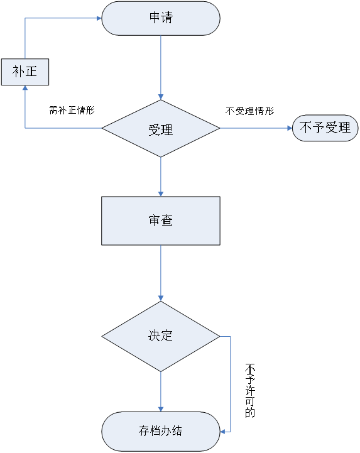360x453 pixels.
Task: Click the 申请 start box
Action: [x=161, y=18]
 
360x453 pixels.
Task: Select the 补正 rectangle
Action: [x=25, y=72]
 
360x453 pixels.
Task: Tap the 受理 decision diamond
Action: [x=161, y=129]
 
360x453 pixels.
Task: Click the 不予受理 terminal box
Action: [x=325, y=128]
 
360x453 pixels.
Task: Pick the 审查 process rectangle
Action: [x=161, y=221]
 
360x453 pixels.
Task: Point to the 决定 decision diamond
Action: [x=161, y=337]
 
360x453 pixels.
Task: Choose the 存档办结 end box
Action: [x=161, y=432]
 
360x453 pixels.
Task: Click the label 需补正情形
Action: [x=72, y=110]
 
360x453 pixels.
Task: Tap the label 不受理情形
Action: [x=249, y=111]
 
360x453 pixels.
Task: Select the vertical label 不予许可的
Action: [x=250, y=391]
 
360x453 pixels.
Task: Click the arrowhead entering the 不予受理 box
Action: [x=290, y=128]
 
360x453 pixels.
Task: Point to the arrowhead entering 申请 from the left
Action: [x=99, y=18]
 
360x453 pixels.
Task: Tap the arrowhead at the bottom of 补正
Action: [x=25, y=88]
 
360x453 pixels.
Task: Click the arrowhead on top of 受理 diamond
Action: [x=161, y=97]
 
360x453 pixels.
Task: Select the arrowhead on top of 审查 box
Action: [x=161, y=194]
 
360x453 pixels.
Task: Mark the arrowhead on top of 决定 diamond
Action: [x=161, y=298]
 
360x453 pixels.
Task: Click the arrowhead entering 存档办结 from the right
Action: [x=223, y=432]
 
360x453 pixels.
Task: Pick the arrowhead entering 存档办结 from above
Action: [x=161, y=409]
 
